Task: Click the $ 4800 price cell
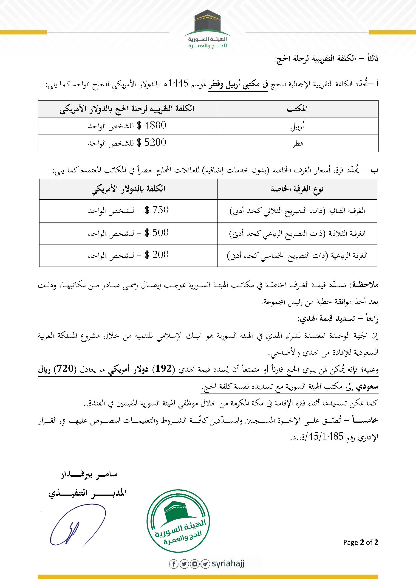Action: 127,126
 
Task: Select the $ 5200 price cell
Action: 127,143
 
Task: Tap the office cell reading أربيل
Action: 297,127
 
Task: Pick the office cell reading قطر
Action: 297,143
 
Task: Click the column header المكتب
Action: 297,109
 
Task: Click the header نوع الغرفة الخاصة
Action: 297,189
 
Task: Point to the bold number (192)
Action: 164,369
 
